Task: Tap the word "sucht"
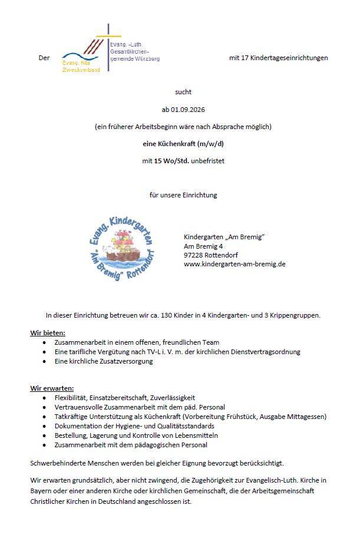click(183, 92)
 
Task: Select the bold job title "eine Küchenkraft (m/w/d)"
click(183, 143)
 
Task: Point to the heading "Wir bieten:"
click(48, 333)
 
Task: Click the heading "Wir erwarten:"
click(52, 388)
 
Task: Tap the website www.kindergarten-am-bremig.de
click(235, 264)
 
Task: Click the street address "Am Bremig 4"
click(203, 246)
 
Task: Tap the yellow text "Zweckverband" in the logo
click(81, 70)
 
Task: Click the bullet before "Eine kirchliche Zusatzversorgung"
click(44, 361)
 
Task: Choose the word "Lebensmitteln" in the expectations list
click(198, 435)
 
